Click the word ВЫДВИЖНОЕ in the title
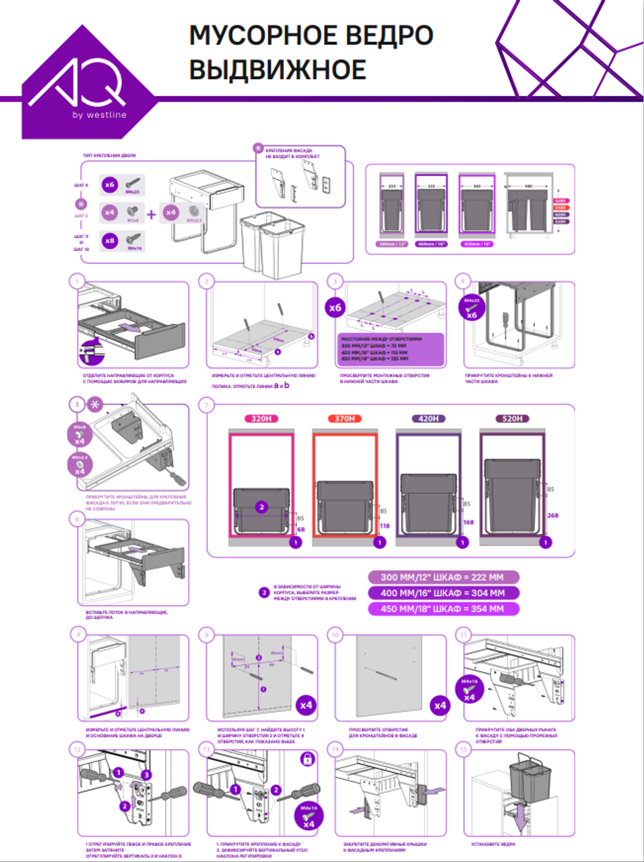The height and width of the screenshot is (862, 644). point(278,69)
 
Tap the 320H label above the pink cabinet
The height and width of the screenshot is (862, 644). point(261,419)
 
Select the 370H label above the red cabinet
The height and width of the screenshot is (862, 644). point(345,419)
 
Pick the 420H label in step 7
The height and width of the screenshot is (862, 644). point(428,419)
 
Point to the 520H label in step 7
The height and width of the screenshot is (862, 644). point(512,419)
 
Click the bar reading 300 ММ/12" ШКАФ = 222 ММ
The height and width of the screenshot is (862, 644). point(442,578)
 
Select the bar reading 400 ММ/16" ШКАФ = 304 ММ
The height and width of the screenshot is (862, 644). point(442,593)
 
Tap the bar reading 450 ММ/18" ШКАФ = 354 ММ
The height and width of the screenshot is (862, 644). point(442,609)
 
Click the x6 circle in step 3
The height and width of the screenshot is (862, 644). point(336,307)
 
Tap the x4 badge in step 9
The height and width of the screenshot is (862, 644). point(307,705)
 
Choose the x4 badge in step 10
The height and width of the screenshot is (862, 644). point(440,705)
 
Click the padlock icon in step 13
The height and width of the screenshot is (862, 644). point(308,758)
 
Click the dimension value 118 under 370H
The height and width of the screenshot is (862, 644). point(384,526)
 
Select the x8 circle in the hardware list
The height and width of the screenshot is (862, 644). point(109,241)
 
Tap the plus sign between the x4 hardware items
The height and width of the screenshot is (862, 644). point(151,214)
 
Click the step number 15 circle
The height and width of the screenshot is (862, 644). point(463,749)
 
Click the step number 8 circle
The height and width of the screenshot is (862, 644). point(78,634)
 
